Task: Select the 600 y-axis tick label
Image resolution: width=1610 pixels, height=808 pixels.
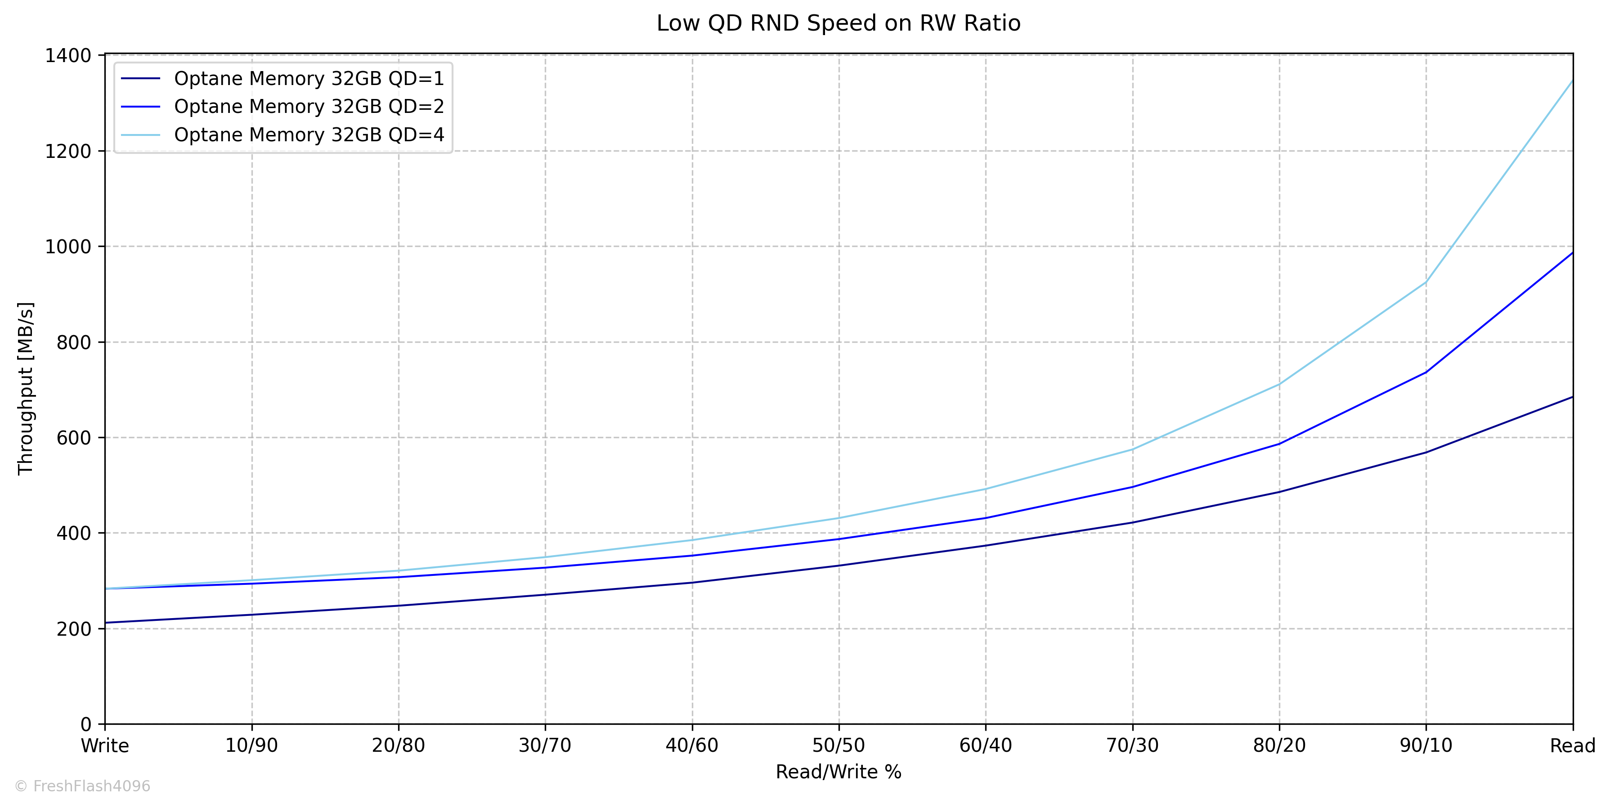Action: [74, 438]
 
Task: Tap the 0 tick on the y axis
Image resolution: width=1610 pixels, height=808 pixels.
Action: [86, 725]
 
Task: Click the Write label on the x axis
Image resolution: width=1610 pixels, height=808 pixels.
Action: [105, 746]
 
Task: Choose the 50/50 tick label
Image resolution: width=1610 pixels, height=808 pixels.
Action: [839, 746]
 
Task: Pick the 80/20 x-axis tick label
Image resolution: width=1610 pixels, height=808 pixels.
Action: [1279, 746]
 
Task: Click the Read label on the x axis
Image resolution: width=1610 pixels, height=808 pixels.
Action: [1573, 746]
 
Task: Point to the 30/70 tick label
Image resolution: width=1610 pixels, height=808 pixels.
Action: [545, 746]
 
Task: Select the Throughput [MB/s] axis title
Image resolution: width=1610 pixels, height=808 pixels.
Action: [26, 389]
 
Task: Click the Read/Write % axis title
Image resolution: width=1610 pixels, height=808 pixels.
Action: [839, 772]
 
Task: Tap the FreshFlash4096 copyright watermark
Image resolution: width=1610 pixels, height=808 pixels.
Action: [82, 786]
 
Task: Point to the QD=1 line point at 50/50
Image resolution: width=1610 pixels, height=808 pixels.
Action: [839, 566]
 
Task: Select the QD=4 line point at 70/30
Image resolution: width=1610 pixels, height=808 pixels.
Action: [1133, 450]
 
